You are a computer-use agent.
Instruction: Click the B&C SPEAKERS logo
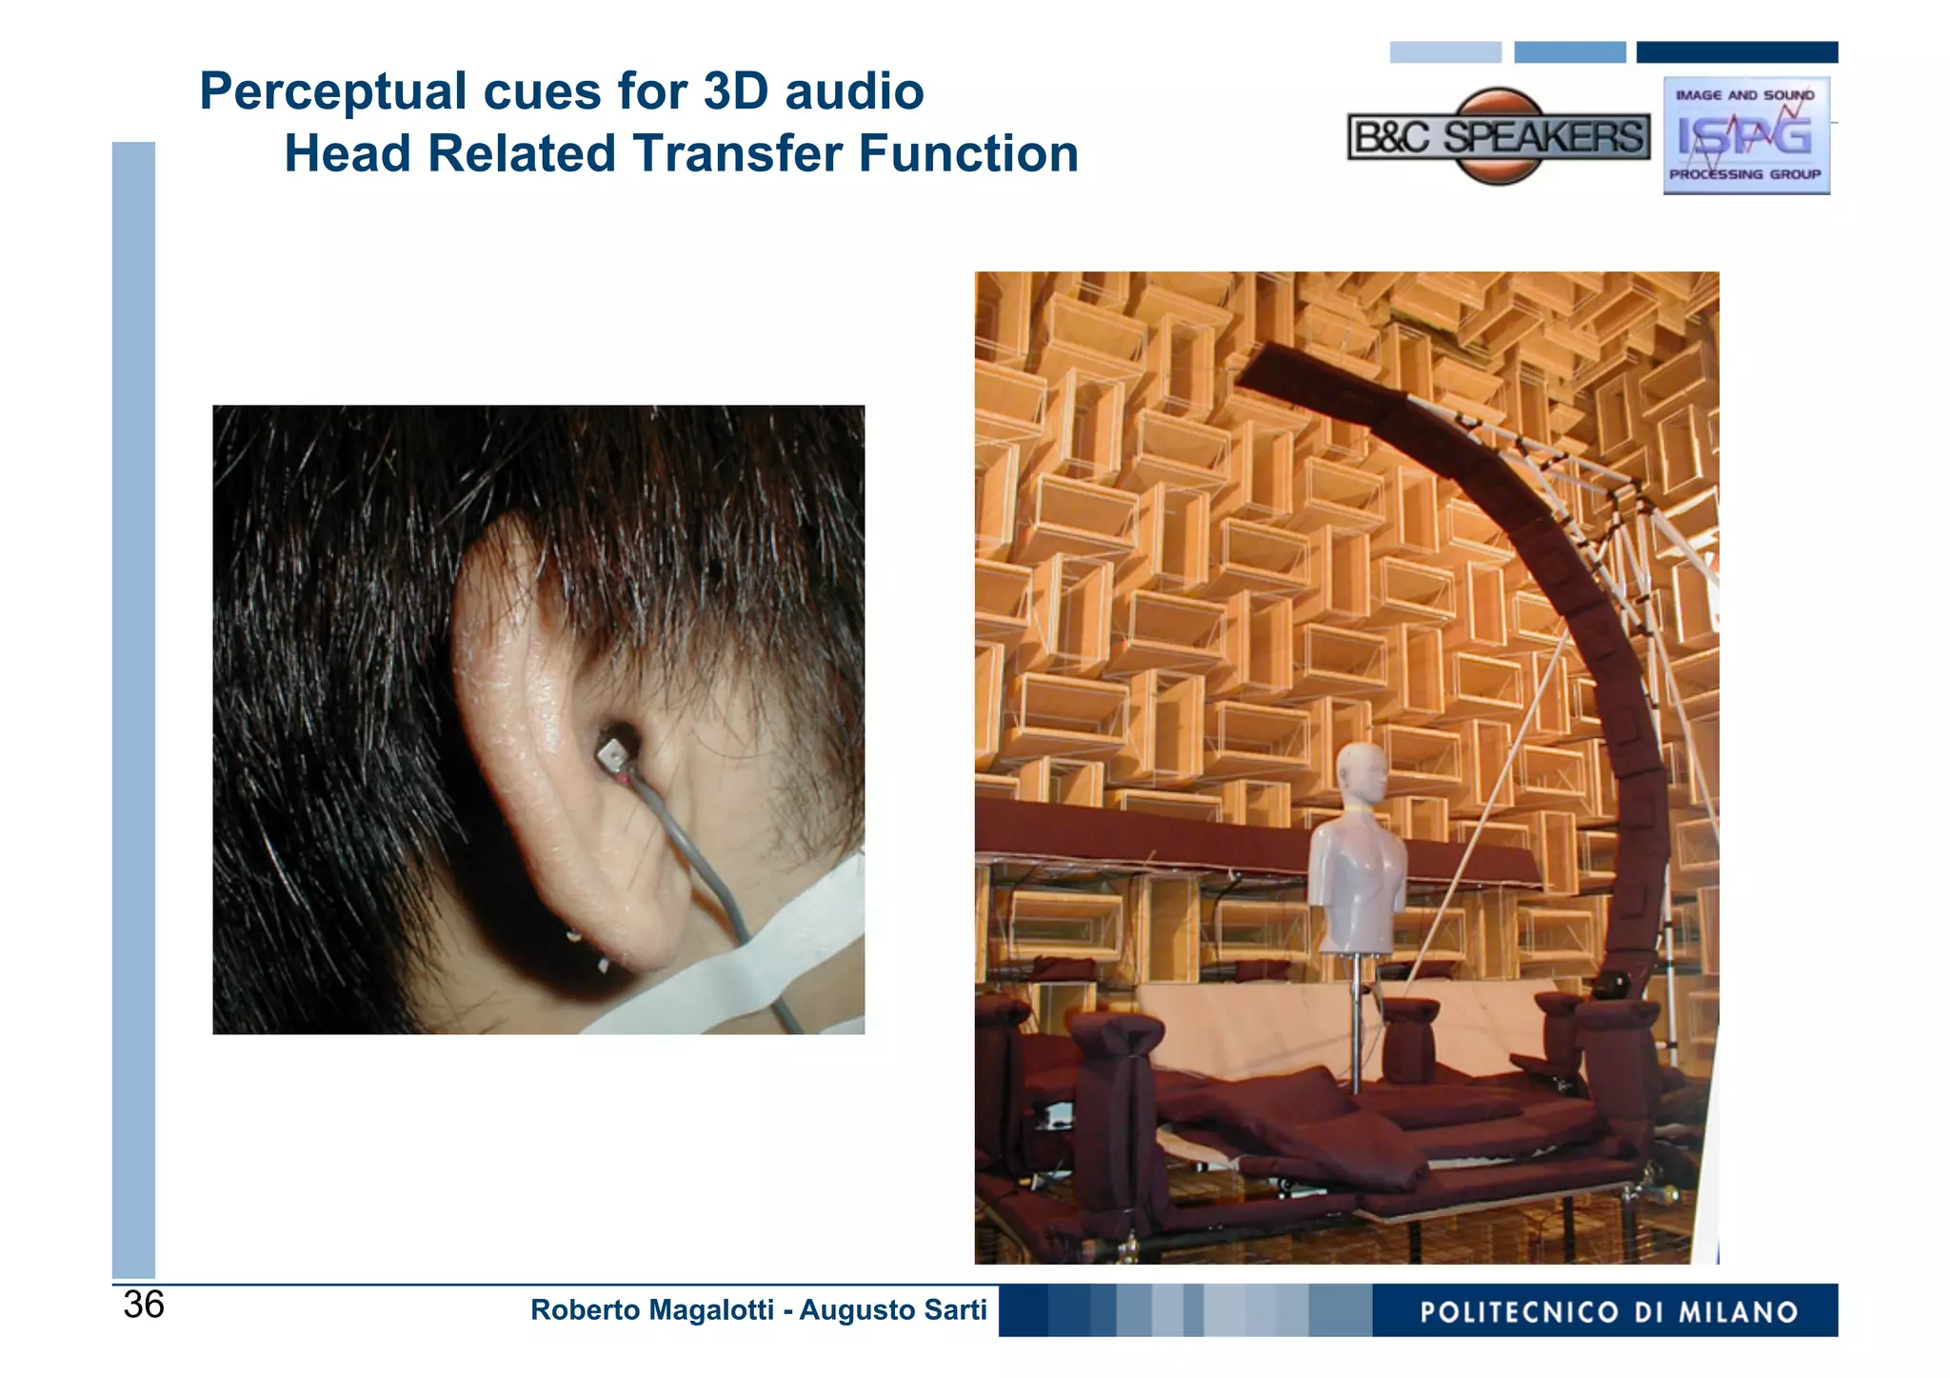click(x=1499, y=137)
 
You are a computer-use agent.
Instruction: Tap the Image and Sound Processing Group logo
click(x=1745, y=135)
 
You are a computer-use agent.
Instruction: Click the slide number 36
click(x=144, y=1305)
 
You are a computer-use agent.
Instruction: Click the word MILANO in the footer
click(x=1739, y=1312)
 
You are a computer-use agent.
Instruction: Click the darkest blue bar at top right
click(x=1737, y=52)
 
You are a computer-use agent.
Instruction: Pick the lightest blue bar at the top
click(x=1444, y=52)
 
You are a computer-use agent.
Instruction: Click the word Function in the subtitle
click(x=967, y=153)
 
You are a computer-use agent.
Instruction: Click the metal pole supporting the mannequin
click(x=1355, y=1024)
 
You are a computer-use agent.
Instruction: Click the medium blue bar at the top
click(x=1569, y=52)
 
